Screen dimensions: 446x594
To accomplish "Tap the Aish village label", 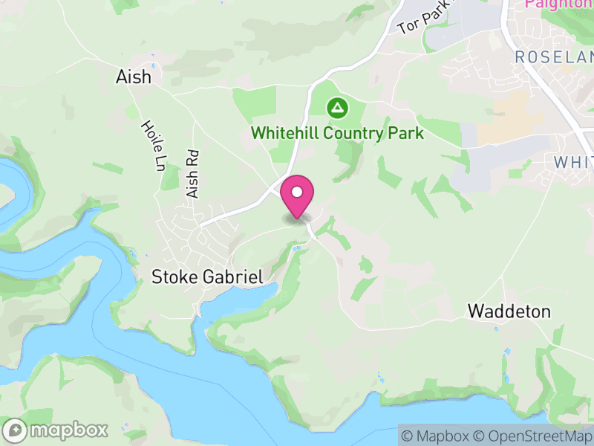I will [134, 77].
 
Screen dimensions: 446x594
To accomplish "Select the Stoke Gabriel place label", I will [207, 277].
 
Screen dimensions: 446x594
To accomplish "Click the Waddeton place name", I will [509, 311].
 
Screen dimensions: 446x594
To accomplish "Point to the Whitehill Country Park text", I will [337, 134].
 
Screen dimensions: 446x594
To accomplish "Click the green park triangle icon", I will [338, 109].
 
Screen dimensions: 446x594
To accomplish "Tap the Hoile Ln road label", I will [151, 146].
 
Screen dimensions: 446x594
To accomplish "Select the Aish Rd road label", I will [194, 174].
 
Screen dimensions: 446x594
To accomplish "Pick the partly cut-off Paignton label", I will [558, 4].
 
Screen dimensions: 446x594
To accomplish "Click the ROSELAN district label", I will [554, 57].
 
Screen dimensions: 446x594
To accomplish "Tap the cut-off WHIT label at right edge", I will [573, 162].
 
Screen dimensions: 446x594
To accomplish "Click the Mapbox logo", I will [56, 430].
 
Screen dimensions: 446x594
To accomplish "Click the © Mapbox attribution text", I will [435, 436].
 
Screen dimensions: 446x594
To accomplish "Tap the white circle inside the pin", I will [297, 192].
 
